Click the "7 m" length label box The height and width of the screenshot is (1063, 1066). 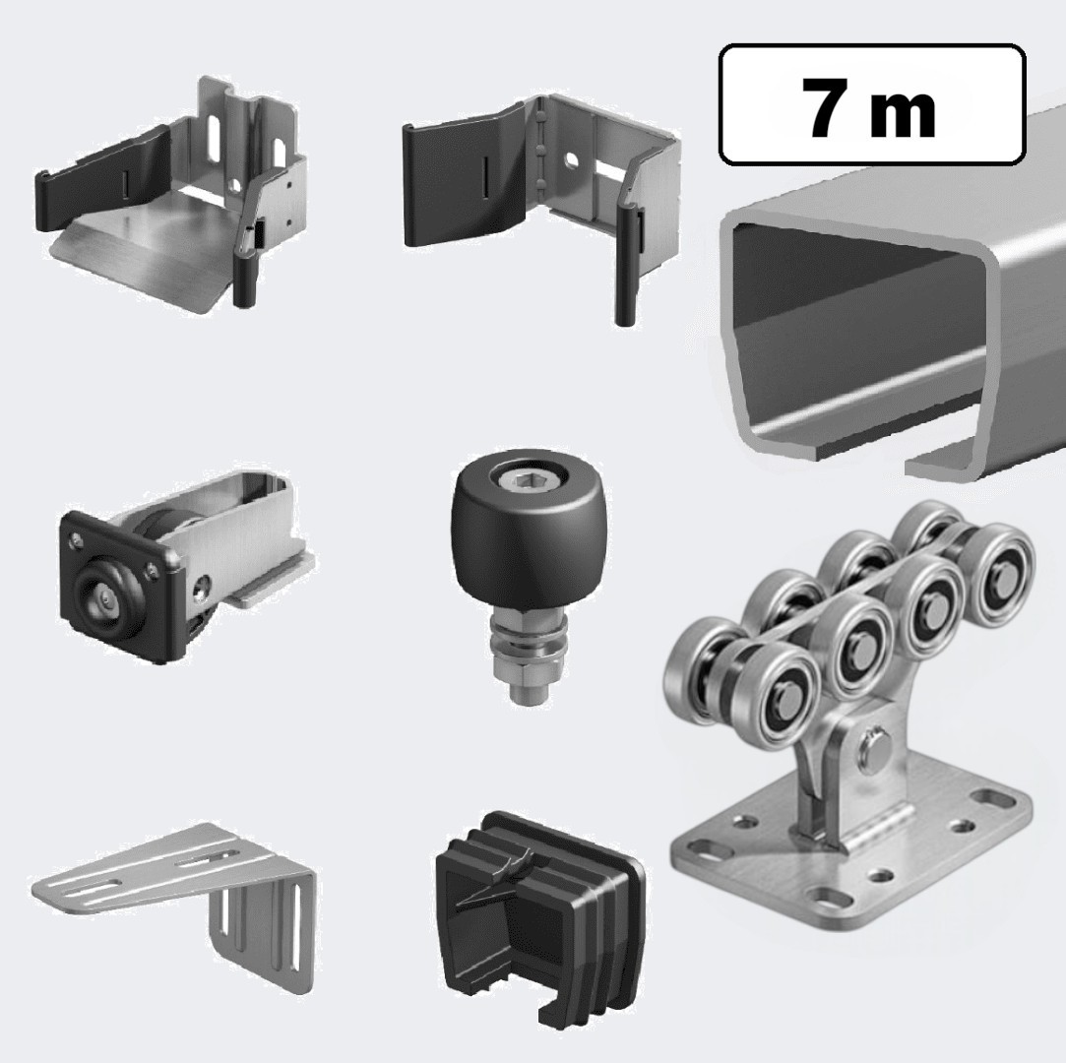[x=872, y=104]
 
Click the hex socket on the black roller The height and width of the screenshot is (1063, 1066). [x=523, y=483]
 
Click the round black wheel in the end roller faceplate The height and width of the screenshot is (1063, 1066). [x=108, y=597]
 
